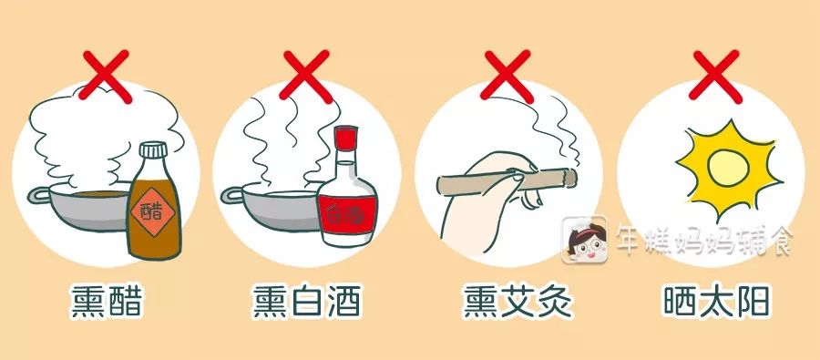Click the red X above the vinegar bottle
click(104, 76)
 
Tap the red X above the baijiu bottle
click(305, 76)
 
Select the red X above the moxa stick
click(506, 76)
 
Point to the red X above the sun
click(714, 76)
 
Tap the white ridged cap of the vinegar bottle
click(153, 150)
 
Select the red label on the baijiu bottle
click(347, 214)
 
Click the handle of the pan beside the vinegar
click(39, 196)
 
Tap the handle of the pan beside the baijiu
click(231, 196)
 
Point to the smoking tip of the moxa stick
click(570, 177)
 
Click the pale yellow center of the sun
click(728, 167)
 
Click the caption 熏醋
click(107, 302)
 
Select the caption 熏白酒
click(307, 302)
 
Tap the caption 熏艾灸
click(518, 302)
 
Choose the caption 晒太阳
click(718, 302)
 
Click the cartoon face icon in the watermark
click(584, 240)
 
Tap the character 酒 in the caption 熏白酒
click(344, 302)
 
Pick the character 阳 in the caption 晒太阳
click(754, 302)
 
